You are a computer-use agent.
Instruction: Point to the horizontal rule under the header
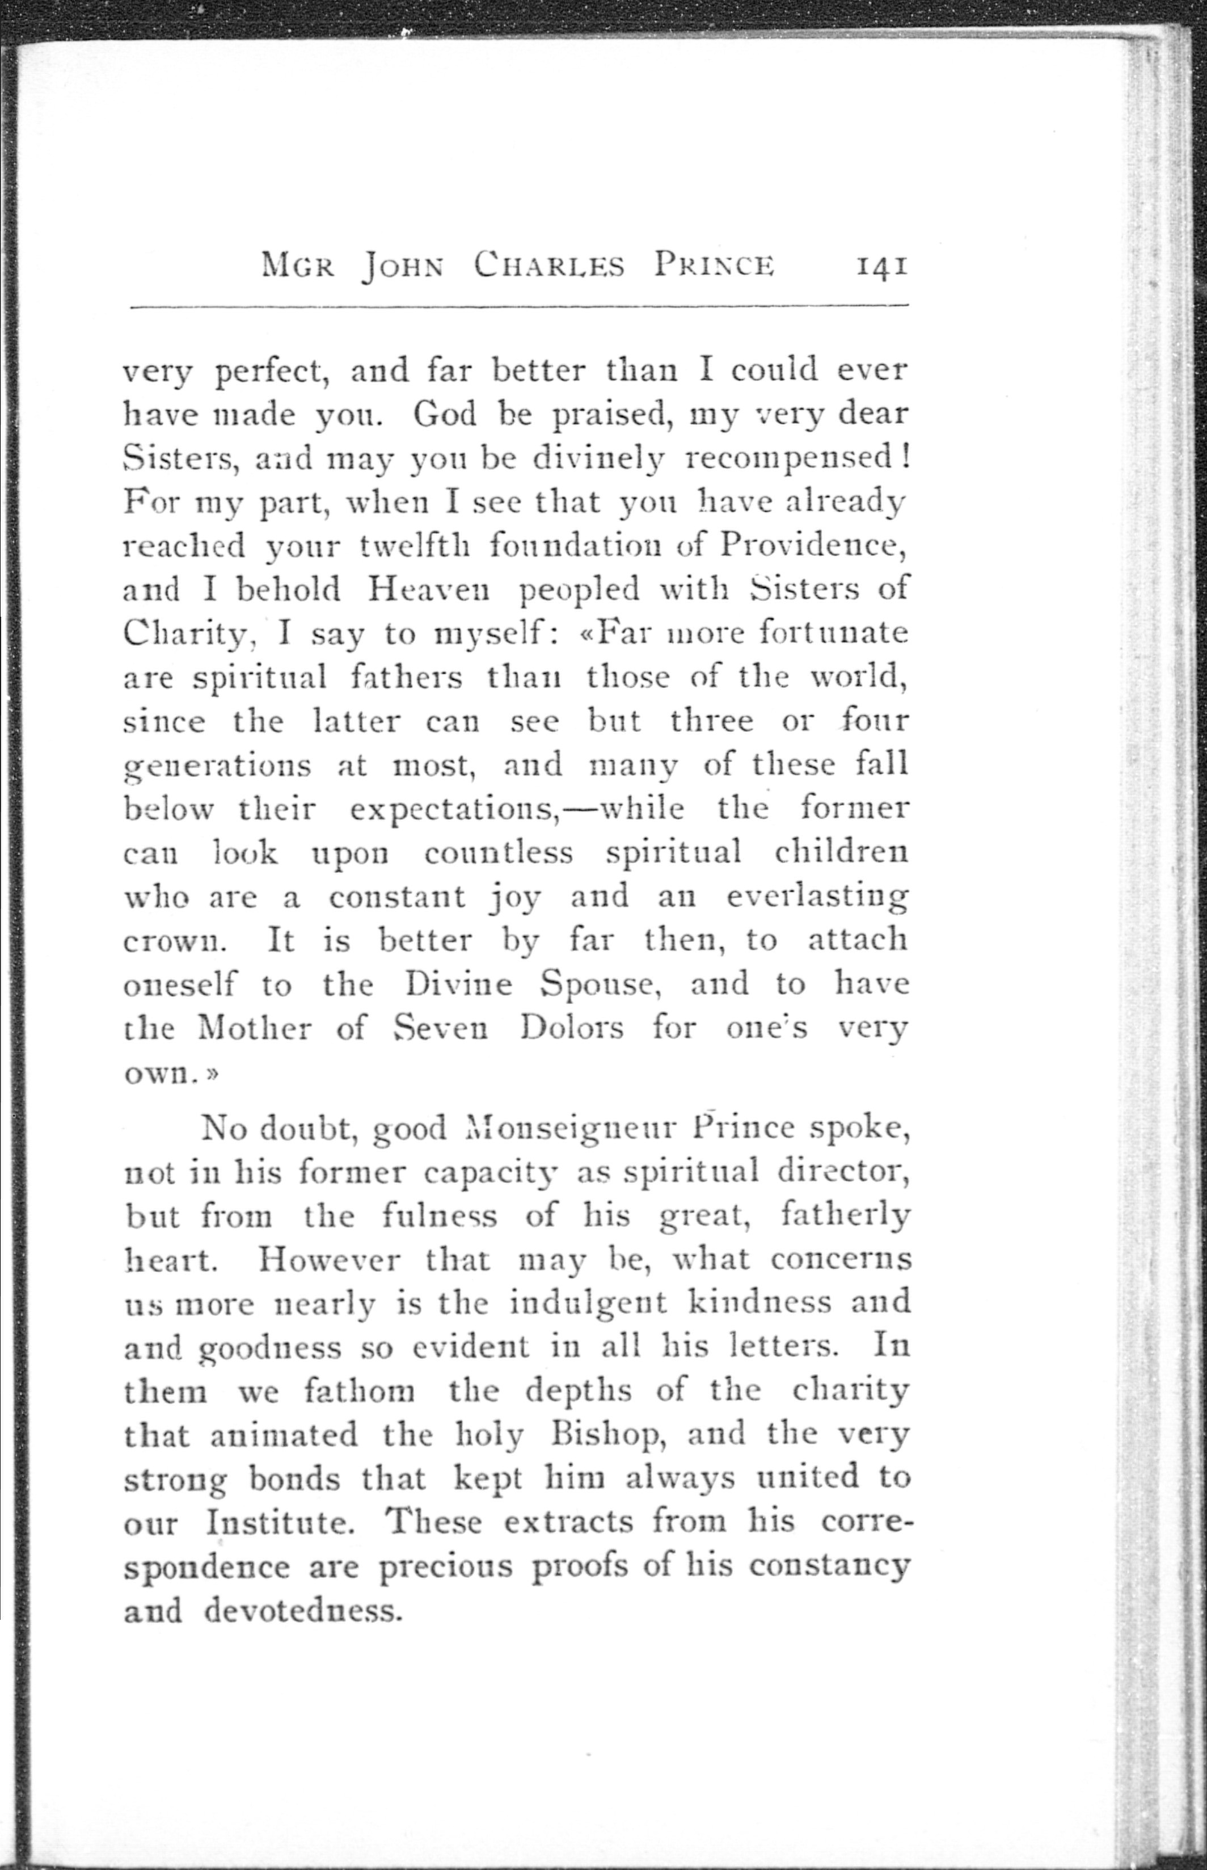517,306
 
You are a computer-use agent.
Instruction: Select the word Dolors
571,1028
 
